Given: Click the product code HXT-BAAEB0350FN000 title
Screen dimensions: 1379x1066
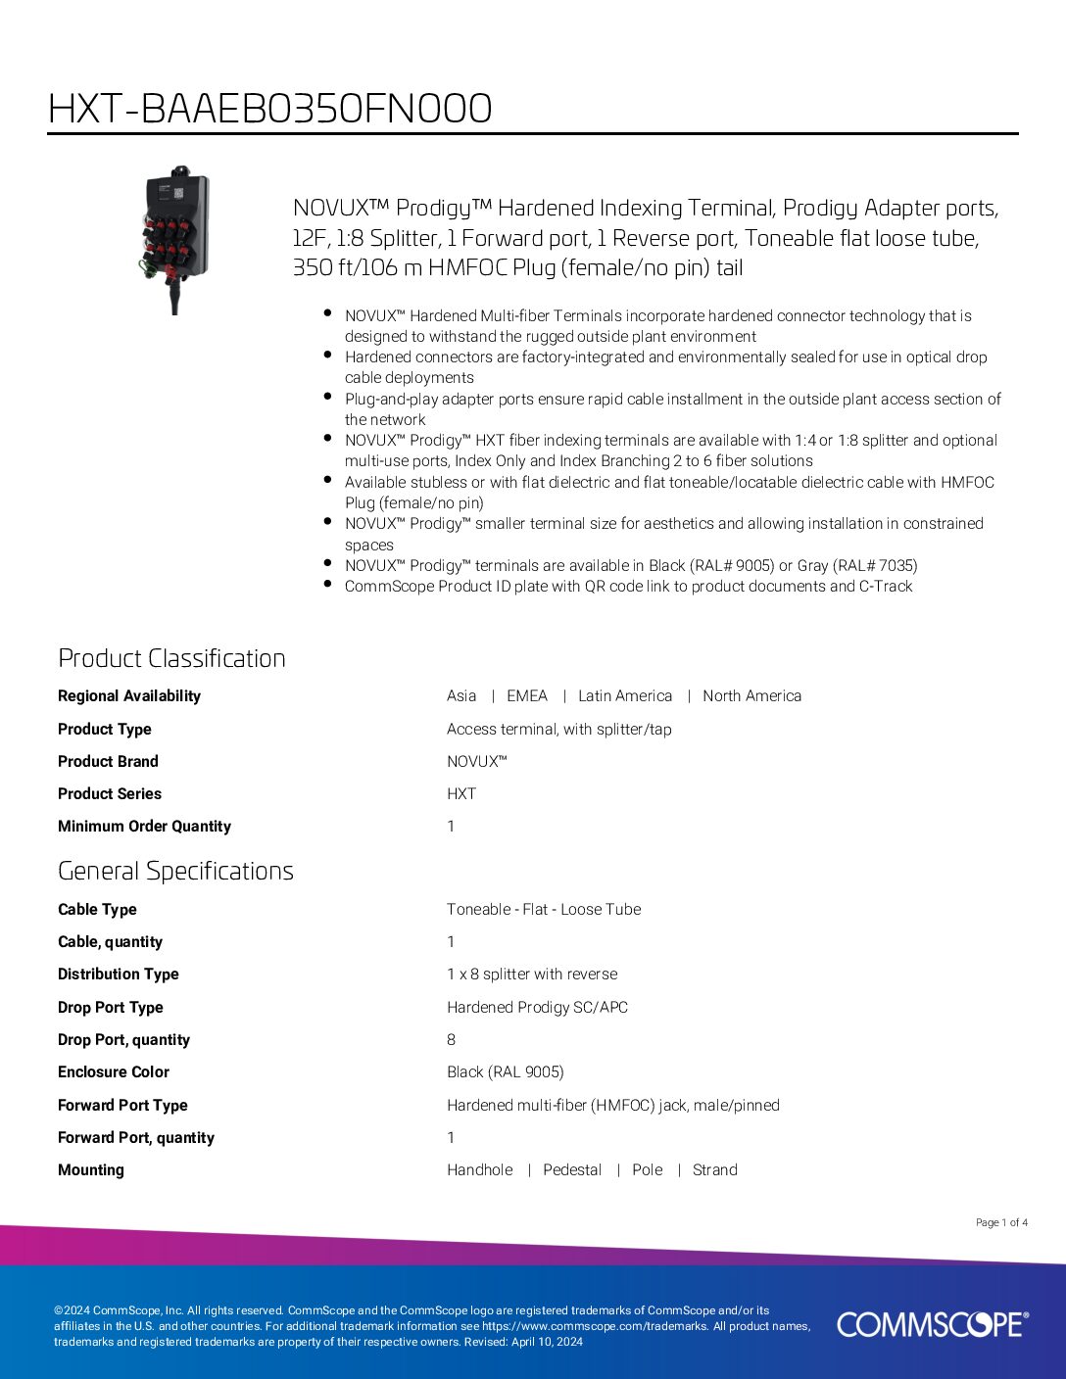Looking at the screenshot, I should coord(269,109).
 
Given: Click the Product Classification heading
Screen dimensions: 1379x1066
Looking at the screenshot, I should coord(171,658).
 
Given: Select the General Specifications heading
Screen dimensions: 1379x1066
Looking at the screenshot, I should coord(175,871).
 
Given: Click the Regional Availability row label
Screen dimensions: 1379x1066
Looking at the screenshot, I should coord(129,696).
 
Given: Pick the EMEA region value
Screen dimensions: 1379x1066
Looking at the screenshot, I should coord(526,696).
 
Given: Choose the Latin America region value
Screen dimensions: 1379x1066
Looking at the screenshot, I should coord(625,696).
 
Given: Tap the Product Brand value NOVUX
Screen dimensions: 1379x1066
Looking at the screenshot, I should coord(476,762).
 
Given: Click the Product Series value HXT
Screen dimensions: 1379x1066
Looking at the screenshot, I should coord(461,794).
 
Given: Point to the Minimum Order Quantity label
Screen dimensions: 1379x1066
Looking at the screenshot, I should coord(144,827).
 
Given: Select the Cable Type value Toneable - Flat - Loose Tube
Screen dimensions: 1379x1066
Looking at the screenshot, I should coord(544,910).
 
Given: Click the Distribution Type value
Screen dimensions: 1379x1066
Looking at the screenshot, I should coord(532,975).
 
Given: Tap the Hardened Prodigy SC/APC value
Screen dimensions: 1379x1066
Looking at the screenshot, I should coord(537,1008).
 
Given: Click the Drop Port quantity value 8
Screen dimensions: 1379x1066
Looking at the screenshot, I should coord(451,1040).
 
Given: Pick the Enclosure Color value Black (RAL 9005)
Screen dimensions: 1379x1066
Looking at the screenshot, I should coord(506,1072).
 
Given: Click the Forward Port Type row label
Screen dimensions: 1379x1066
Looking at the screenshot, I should coord(122,1106).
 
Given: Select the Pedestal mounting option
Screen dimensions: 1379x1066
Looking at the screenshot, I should coord(572,1170).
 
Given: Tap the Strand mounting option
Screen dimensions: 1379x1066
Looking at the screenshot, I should coord(714,1170).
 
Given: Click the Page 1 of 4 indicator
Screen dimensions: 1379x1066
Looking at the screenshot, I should coord(1001,1222).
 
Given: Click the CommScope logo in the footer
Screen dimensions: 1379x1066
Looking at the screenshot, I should coord(932,1324).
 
